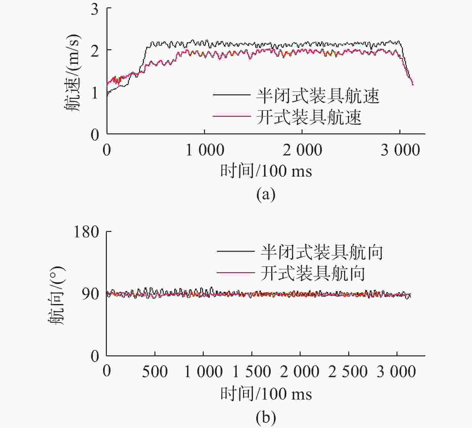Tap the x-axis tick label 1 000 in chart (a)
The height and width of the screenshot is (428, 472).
pos(205,150)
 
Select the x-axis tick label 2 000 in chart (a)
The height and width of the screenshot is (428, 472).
pos(302,150)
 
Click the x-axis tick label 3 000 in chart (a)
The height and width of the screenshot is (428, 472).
pos(400,150)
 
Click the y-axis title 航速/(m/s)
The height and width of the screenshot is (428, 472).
pos(73,73)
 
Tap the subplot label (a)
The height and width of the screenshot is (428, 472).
pos(266,194)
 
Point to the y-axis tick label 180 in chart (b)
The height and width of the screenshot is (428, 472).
pos(86,232)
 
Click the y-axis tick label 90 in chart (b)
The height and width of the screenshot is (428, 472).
pos(90,294)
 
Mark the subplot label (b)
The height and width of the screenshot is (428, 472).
pos(266,417)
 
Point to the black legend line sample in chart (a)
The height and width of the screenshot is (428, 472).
pos(232,95)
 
